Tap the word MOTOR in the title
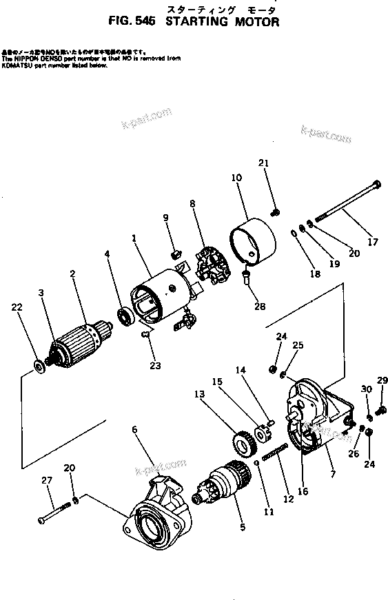(x=255, y=22)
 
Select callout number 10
(x=236, y=178)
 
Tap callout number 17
(x=373, y=242)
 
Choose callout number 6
(x=134, y=430)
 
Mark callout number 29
(x=382, y=380)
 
